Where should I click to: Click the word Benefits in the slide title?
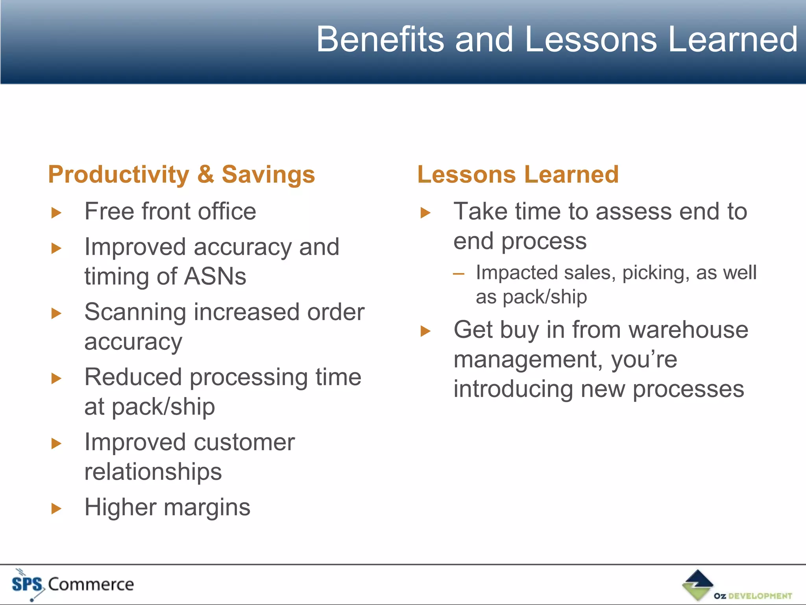(380, 39)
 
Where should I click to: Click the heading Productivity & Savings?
(181, 174)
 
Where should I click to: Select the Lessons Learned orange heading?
(518, 174)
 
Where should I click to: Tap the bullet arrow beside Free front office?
(57, 213)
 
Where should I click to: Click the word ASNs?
(215, 277)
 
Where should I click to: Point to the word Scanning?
(135, 312)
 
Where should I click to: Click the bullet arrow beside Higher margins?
(57, 508)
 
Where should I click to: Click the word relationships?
(153, 472)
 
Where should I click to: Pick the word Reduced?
(133, 377)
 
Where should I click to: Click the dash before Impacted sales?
(458, 274)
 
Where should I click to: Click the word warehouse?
(688, 330)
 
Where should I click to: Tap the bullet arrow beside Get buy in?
(425, 331)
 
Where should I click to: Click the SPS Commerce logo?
(73, 584)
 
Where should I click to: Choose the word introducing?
(513, 389)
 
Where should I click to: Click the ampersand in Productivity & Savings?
(205, 174)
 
